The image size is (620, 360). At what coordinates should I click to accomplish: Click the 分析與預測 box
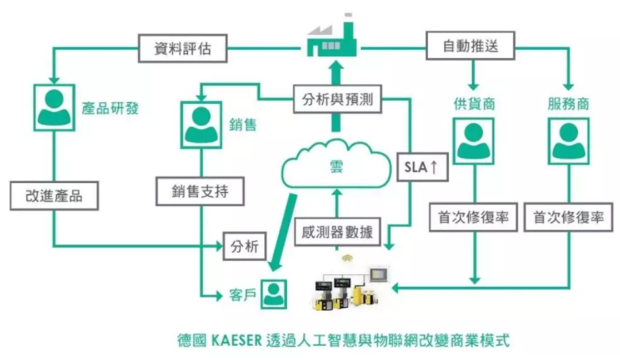pyautogui.click(x=338, y=101)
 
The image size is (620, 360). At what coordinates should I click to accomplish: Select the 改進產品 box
pyautogui.click(x=54, y=195)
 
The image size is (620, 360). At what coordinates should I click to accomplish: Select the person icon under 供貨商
pyautogui.click(x=473, y=141)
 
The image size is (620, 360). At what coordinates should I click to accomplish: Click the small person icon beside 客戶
pyautogui.click(x=274, y=293)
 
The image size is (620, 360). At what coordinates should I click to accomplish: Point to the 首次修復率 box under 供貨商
pyautogui.click(x=473, y=217)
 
